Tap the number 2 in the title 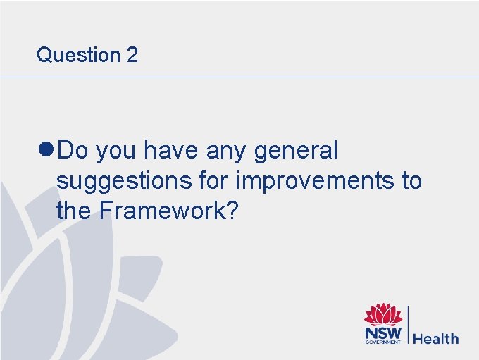[x=132, y=55]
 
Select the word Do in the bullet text [x=73, y=151]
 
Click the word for [x=213, y=180]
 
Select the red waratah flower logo [x=382, y=315]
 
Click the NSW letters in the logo [x=382, y=333]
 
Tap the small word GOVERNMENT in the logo [x=382, y=342]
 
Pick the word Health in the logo [x=435, y=339]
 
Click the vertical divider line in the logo [x=408, y=325]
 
